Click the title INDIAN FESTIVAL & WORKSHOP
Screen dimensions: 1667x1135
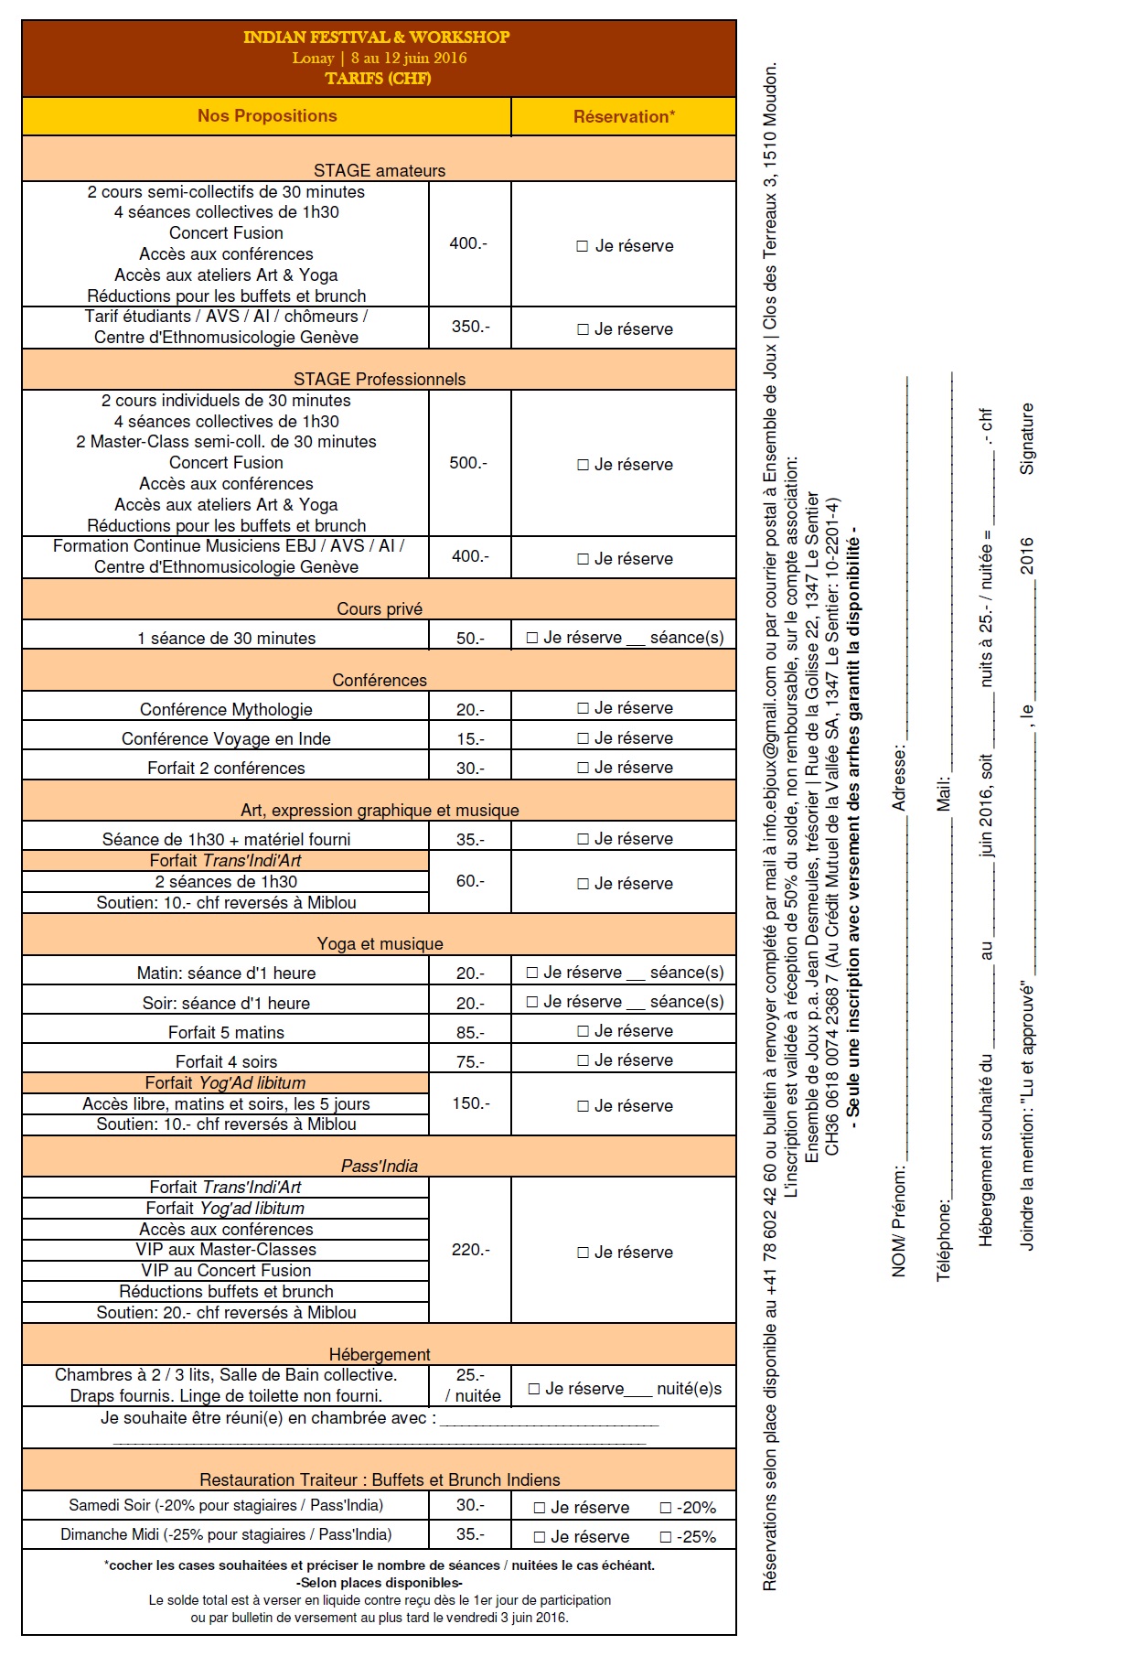377,38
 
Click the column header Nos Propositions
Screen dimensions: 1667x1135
267,116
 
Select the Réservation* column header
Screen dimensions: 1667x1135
624,116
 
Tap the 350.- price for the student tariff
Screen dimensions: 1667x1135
470,327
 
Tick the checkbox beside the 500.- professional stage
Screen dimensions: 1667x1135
583,465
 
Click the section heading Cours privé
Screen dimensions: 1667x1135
380,609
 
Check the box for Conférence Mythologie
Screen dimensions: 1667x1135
583,708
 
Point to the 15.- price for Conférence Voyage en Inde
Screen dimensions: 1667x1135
470,739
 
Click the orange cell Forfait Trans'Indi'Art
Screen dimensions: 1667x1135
225,861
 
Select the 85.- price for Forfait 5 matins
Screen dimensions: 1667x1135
470,1033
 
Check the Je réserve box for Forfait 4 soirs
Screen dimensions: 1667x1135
583,1060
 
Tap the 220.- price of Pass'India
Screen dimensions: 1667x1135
470,1250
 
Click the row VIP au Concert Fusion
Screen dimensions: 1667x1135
226,1271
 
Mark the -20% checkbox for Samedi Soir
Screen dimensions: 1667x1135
666,1508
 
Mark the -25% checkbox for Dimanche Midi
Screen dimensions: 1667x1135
666,1537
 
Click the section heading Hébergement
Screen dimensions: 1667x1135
380,1355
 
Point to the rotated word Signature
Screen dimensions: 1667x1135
1027,438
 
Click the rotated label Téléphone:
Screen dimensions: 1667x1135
944,1240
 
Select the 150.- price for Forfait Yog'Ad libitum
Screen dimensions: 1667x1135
470,1103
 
